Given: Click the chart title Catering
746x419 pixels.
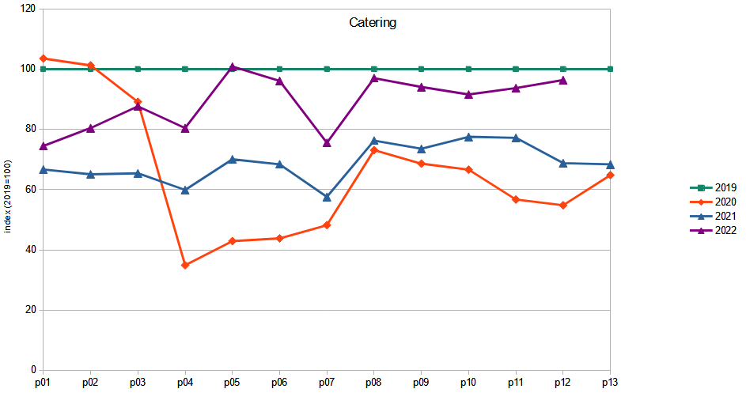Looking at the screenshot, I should (x=373, y=23).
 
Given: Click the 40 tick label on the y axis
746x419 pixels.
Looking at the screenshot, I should (x=30, y=250).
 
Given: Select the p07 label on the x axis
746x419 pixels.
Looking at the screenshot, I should (x=327, y=383).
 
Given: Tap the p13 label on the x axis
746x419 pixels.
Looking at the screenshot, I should (x=609, y=383).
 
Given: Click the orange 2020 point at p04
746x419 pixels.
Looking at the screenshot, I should (x=185, y=265).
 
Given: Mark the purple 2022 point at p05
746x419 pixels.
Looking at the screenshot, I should (x=233, y=67).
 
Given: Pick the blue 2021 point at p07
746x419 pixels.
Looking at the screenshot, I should (x=327, y=197).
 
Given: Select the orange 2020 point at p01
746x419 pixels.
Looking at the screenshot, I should (x=44, y=59).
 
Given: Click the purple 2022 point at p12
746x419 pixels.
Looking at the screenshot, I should (x=563, y=80).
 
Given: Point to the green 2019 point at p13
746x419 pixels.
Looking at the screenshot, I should (x=610, y=69).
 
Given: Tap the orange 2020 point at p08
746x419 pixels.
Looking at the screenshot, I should (x=374, y=149).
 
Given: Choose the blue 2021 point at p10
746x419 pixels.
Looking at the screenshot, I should (x=468, y=137).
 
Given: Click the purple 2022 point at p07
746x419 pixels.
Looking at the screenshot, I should (x=327, y=143).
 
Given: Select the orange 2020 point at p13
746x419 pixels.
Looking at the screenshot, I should (x=610, y=175).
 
